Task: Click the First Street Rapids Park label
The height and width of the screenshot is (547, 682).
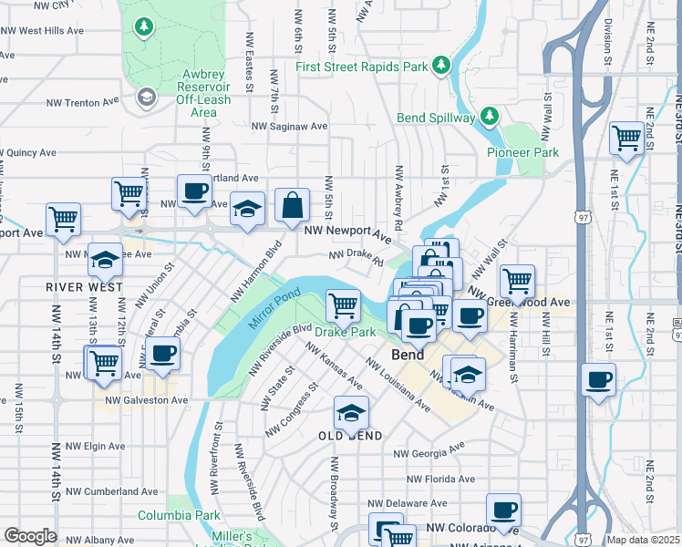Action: pyautogui.click(x=361, y=67)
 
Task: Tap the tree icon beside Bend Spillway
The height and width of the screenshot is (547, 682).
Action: pyautogui.click(x=490, y=116)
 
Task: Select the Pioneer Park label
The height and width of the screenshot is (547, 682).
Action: pyautogui.click(x=522, y=152)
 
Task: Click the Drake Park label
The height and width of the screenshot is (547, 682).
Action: pyautogui.click(x=346, y=333)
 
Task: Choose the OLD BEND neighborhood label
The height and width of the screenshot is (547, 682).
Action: pyautogui.click(x=348, y=436)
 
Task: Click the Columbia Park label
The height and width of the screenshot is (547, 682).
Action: pyautogui.click(x=174, y=515)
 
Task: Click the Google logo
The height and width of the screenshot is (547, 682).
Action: pyautogui.click(x=30, y=536)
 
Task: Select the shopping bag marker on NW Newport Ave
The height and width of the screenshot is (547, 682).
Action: pyautogui.click(x=292, y=206)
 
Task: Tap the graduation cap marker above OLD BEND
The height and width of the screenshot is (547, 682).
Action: pyautogui.click(x=351, y=412)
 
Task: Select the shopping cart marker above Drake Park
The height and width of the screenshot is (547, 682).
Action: pyautogui.click(x=344, y=304)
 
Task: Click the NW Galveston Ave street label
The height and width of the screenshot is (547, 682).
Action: pyautogui.click(x=146, y=399)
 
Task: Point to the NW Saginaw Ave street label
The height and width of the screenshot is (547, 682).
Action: pyautogui.click(x=289, y=127)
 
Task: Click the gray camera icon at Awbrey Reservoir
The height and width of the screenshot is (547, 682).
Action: pyautogui.click(x=146, y=97)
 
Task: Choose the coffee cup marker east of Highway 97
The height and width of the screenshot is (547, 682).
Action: pyautogui.click(x=598, y=379)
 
